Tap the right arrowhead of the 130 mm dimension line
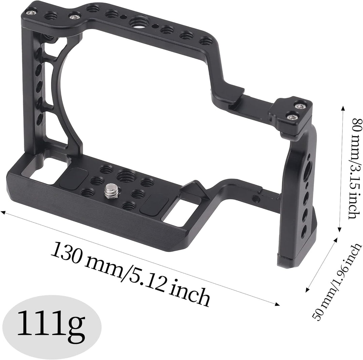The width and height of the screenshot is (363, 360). (278, 305)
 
